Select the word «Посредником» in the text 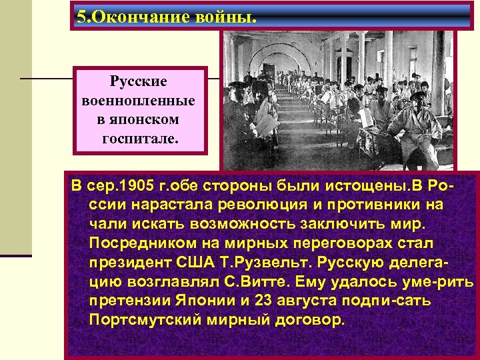click(x=137, y=239)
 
